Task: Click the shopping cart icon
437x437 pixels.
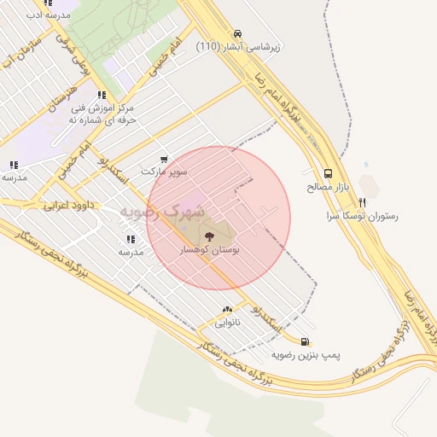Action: click(164, 158)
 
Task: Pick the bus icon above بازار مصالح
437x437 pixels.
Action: click(329, 172)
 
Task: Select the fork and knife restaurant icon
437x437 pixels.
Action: click(362, 203)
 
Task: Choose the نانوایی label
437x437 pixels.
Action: click(227, 323)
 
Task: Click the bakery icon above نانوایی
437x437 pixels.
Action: click(227, 310)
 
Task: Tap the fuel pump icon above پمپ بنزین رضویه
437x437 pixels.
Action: click(306, 341)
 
